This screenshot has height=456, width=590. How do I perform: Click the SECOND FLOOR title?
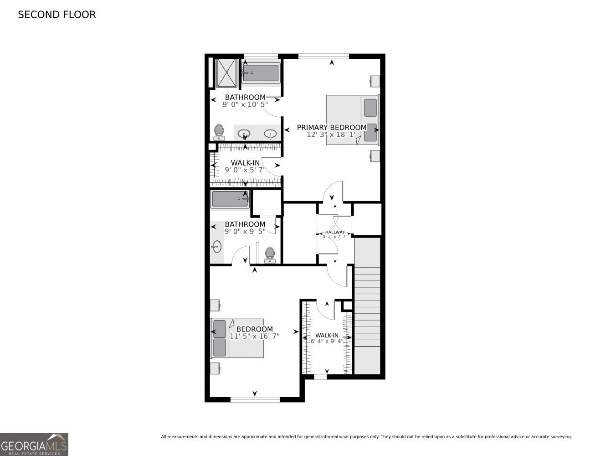point(56,15)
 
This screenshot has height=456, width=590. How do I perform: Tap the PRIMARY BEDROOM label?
point(331,127)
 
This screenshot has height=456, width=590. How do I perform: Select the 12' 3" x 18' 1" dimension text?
point(331,135)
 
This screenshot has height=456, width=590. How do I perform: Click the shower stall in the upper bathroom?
point(226,72)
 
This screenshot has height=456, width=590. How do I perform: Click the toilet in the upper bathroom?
point(219,132)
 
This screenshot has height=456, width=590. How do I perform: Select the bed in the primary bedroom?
point(352,119)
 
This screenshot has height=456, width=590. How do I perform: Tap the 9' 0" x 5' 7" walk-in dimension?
point(245,170)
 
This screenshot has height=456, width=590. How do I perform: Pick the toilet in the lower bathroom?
point(270,254)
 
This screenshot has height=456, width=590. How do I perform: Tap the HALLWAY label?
point(335,232)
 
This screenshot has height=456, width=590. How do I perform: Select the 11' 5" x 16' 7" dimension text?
point(254,336)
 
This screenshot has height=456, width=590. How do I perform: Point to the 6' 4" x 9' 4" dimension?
point(327,341)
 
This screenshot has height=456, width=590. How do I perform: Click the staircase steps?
point(367,306)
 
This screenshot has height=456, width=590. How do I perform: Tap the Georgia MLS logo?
point(34,444)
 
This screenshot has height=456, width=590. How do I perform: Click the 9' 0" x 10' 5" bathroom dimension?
point(245,104)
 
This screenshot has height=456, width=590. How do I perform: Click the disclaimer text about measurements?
point(366,437)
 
